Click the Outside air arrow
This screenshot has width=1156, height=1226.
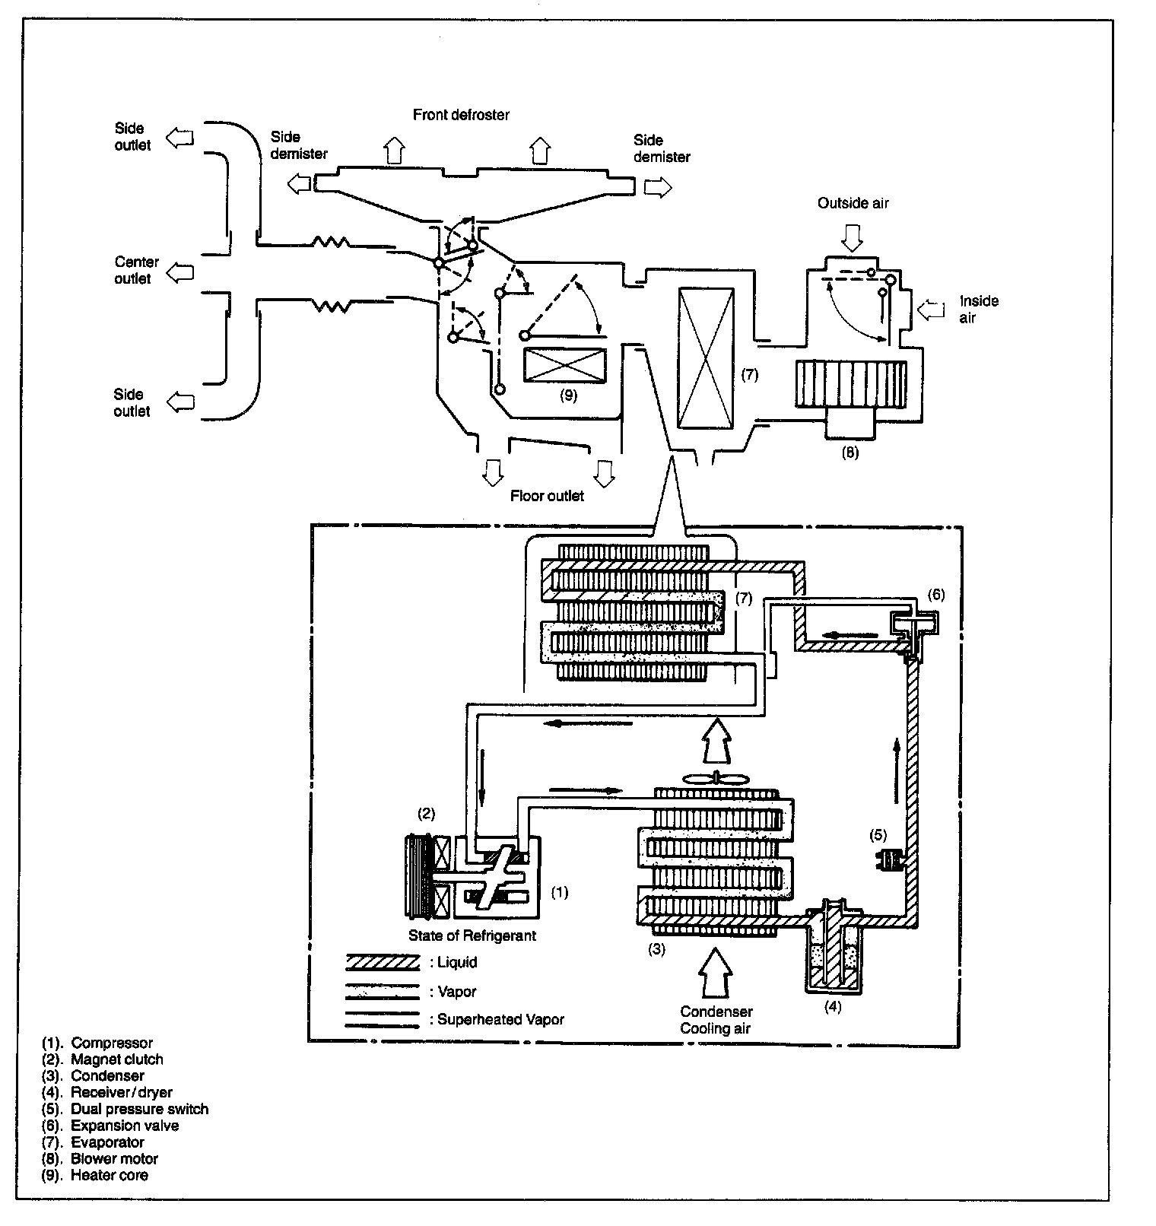853,240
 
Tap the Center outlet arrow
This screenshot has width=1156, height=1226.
180,272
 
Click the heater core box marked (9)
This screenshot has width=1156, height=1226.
565,365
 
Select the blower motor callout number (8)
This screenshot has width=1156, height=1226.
850,452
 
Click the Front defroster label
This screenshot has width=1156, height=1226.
461,115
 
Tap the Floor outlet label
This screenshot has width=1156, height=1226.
547,496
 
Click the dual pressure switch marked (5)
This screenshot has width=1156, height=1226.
887,861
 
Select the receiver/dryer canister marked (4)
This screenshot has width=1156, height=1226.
834,947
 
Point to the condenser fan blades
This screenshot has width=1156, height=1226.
716,778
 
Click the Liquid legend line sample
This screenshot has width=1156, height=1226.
383,963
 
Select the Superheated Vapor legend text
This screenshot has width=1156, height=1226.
500,1019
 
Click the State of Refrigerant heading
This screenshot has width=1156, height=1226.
472,935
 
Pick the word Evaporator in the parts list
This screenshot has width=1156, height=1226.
107,1142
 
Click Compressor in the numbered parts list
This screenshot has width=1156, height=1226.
112,1043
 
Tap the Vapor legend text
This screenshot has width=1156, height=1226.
457,992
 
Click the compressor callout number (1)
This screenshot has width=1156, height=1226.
559,892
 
